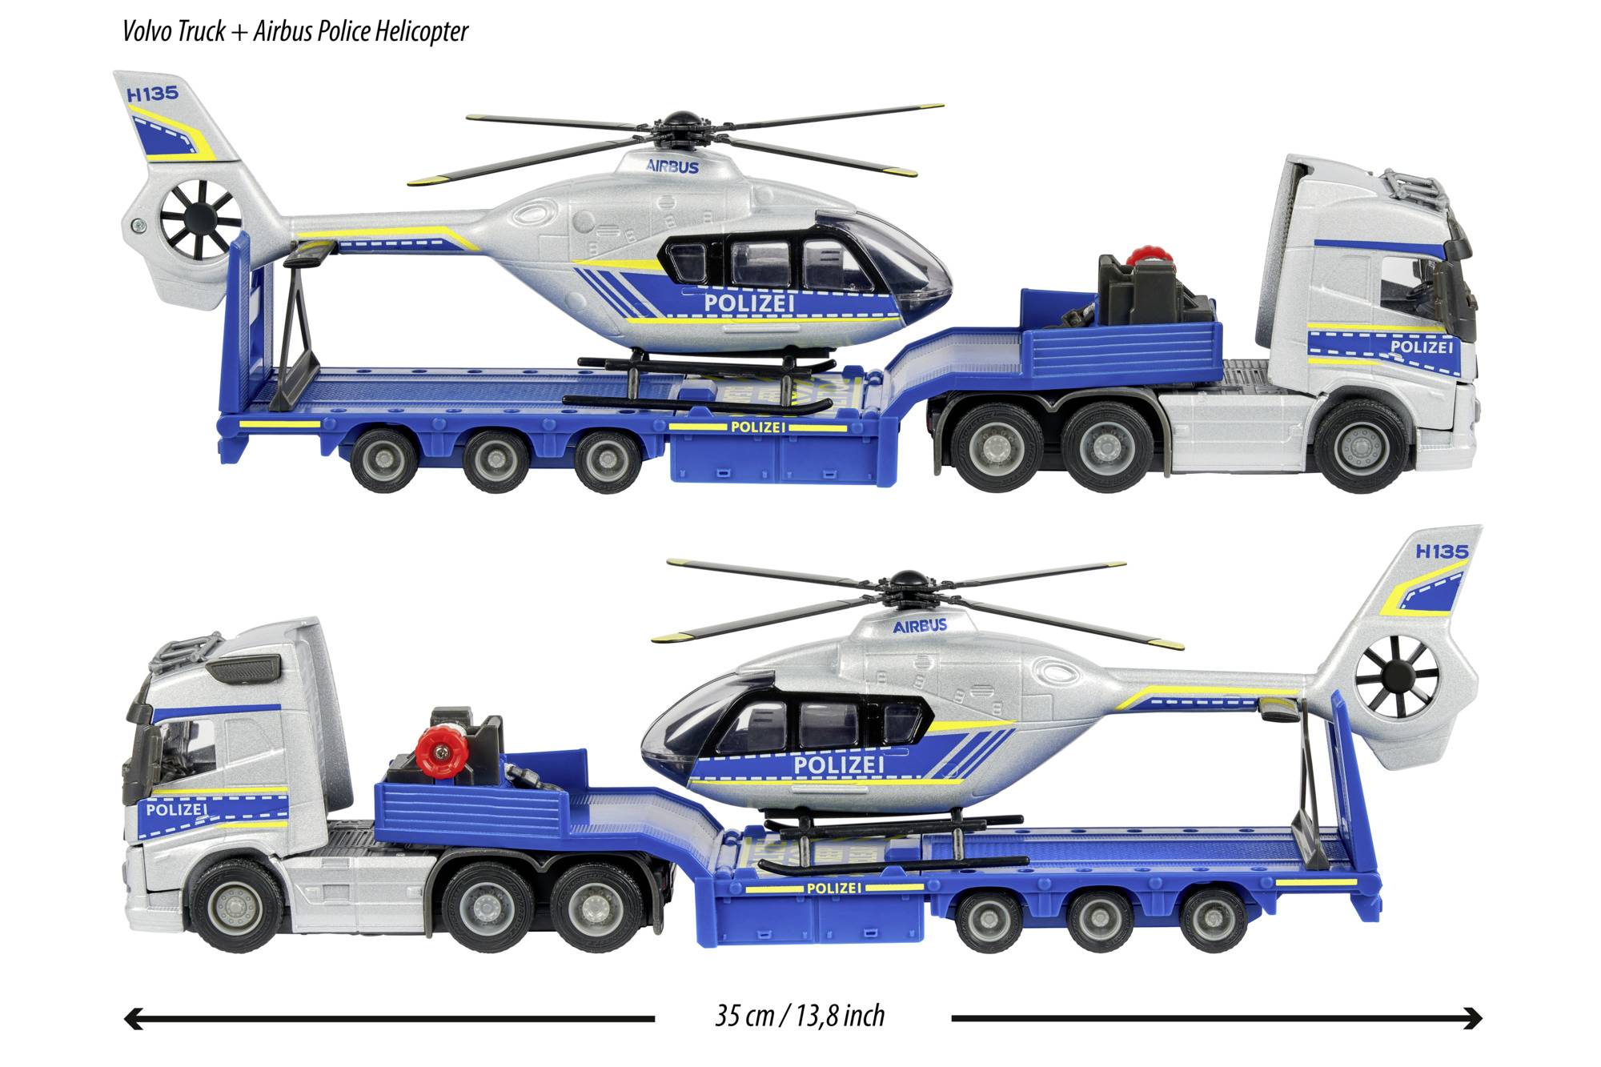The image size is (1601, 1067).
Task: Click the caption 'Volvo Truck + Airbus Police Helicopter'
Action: click(x=295, y=31)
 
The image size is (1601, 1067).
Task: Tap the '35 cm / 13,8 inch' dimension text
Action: click(x=800, y=1016)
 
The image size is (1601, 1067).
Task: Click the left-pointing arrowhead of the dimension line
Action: click(x=133, y=1018)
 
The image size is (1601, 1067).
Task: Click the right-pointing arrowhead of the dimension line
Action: click(x=1474, y=1018)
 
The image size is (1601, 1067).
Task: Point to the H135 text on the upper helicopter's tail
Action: click(x=152, y=94)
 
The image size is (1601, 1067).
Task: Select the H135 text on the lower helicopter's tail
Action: click(x=1442, y=552)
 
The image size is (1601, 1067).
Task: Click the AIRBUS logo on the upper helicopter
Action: click(x=672, y=167)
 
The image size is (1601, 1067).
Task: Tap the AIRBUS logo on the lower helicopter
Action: click(x=920, y=625)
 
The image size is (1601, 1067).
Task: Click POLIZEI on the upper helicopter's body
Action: click(x=749, y=303)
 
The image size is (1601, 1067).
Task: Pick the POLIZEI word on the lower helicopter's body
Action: click(x=838, y=764)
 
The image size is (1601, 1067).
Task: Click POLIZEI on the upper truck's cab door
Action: click(x=1421, y=347)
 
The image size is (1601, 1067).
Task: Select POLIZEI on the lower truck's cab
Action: click(x=177, y=809)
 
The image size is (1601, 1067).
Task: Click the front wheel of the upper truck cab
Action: click(x=1358, y=447)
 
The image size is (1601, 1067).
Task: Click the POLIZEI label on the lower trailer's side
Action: click(x=833, y=888)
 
